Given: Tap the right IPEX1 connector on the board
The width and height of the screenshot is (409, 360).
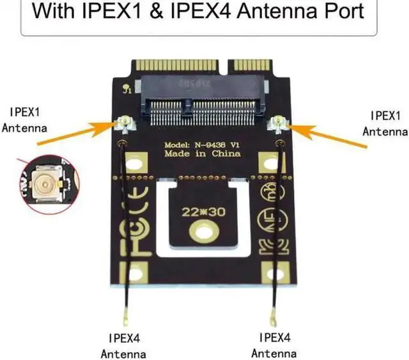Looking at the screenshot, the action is tap(279, 123).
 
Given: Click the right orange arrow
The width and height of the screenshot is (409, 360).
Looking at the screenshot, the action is tap(326, 135).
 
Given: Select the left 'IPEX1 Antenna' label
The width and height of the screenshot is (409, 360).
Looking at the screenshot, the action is tap(24, 119).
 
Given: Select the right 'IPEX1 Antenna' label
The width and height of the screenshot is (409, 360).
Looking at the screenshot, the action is tap(385, 123).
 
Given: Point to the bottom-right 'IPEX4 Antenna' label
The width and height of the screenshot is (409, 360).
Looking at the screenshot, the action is tap(274, 345).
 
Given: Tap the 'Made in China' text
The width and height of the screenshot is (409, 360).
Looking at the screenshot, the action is tap(202, 154).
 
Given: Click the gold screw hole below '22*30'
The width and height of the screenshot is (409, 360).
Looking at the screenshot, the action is tap(202, 230).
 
